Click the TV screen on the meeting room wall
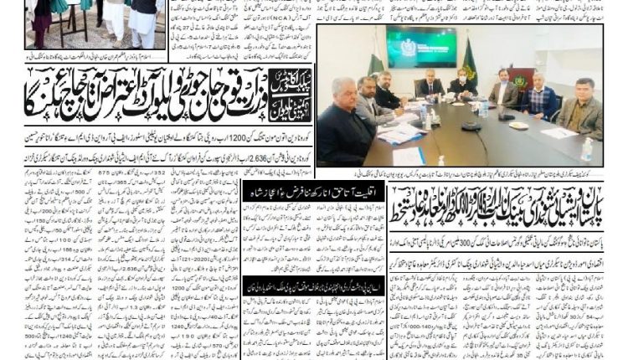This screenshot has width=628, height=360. (421, 47)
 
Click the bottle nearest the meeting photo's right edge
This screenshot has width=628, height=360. (586, 151)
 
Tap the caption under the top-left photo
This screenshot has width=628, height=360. (84, 54)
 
